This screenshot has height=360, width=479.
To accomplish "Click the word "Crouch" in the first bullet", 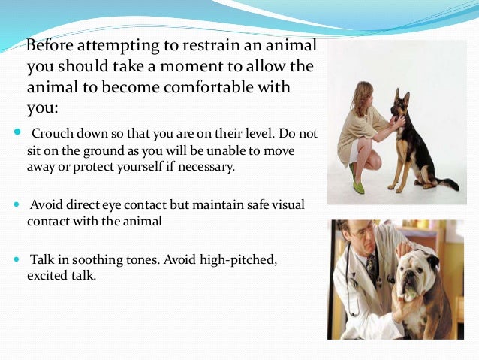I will click(x=50, y=134).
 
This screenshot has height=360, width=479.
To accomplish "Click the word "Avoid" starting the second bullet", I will click(x=46, y=205).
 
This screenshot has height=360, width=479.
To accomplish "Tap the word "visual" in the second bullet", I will click(x=285, y=205).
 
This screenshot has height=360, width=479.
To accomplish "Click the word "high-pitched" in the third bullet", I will click(x=239, y=259).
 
